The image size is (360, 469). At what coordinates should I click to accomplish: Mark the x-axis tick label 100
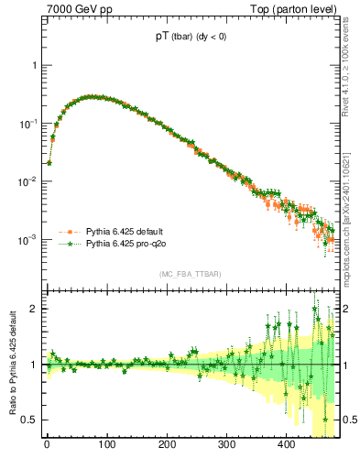pyautogui.click(x=107, y=444)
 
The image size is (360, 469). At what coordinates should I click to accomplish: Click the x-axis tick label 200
pyautogui.click(x=167, y=444)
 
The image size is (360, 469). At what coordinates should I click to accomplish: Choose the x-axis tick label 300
pyautogui.click(x=227, y=444)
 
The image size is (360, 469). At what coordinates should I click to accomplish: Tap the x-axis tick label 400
pyautogui.click(x=287, y=444)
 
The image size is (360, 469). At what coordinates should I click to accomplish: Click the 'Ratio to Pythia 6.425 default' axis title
pyautogui.click(x=11, y=364)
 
